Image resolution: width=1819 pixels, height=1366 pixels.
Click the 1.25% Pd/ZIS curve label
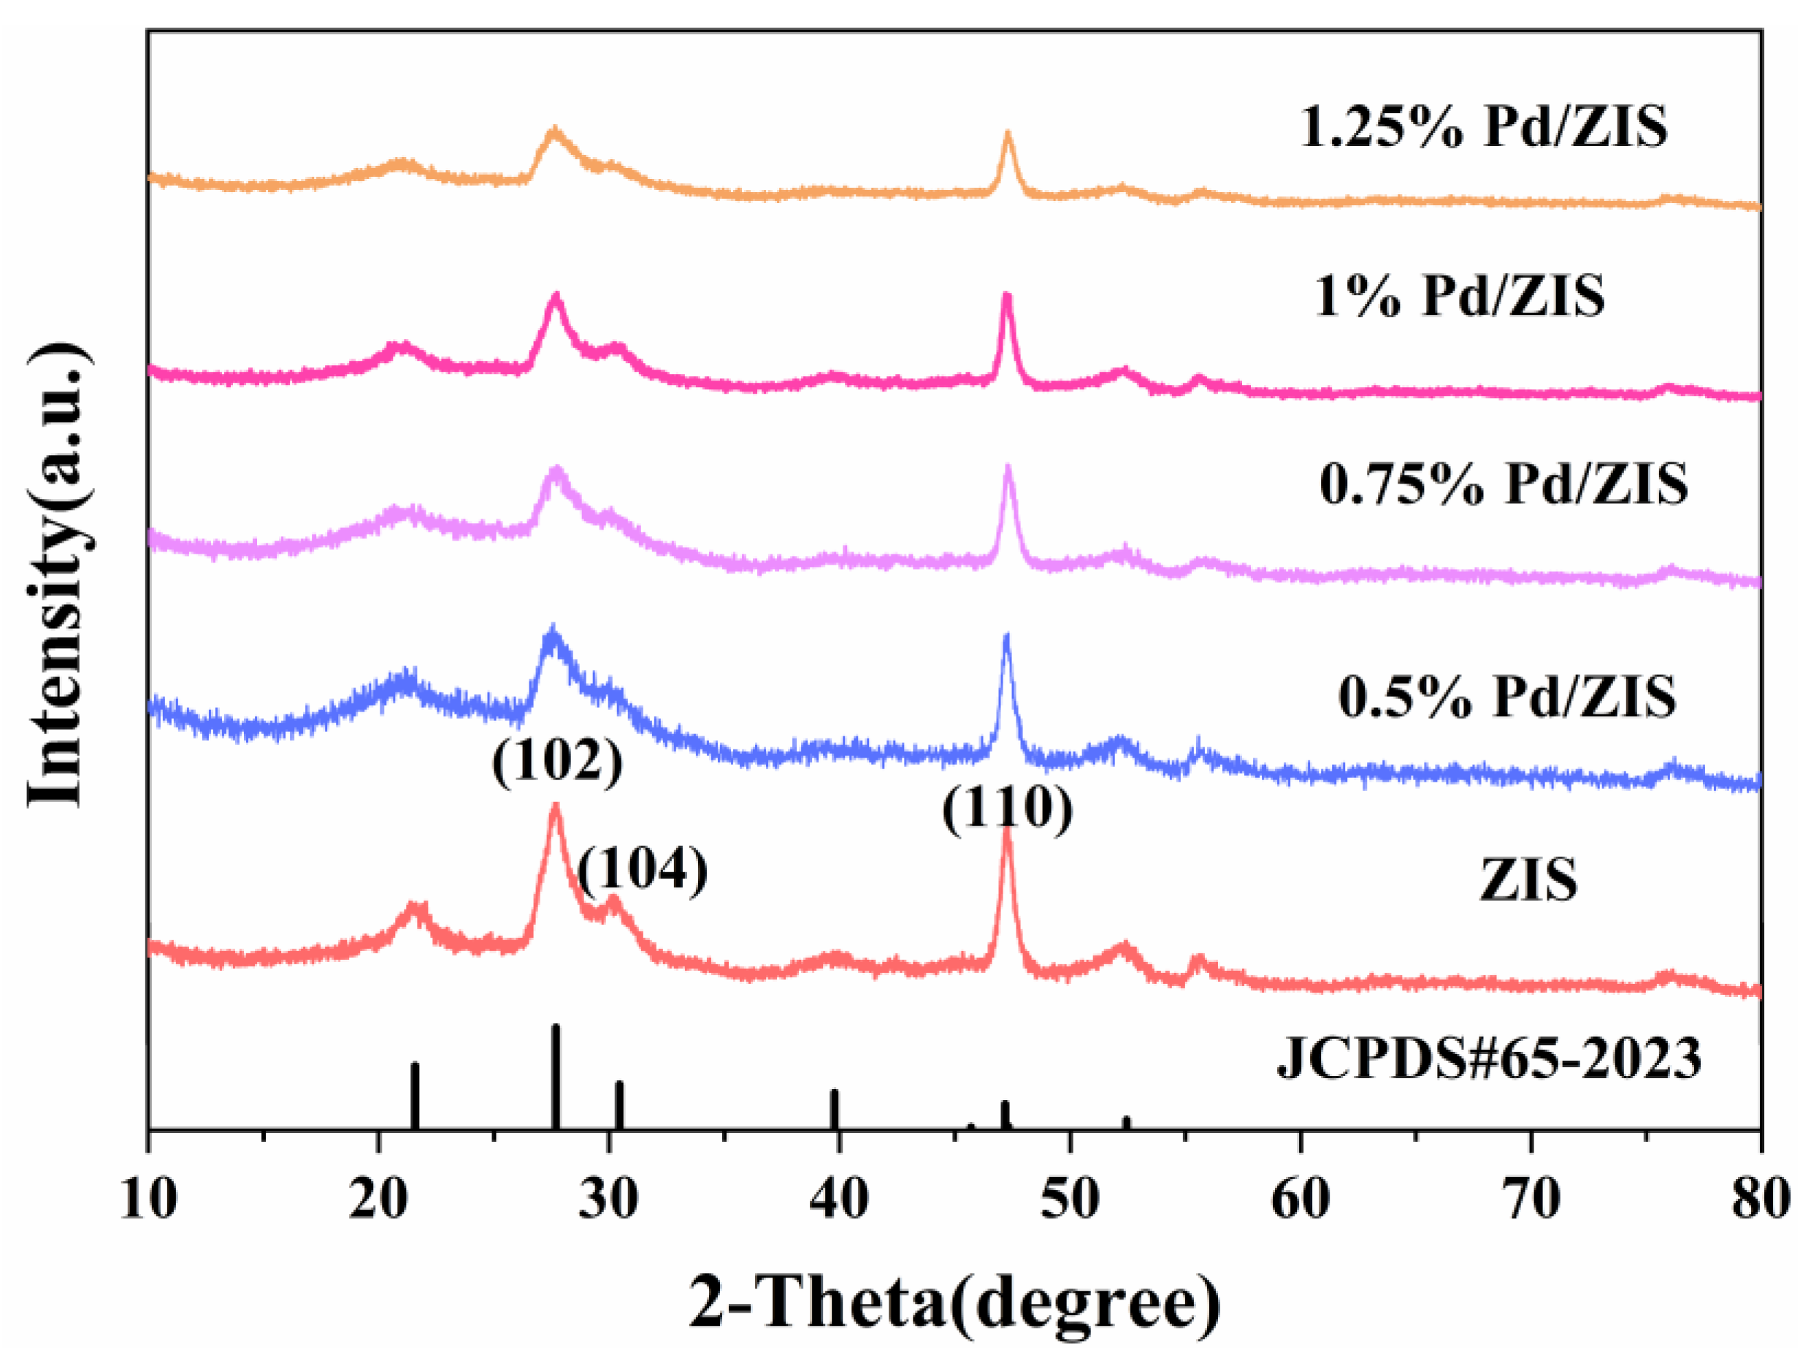1484,128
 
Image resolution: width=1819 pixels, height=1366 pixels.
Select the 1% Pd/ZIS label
1460,295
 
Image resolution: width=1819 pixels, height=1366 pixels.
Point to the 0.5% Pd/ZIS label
1506,698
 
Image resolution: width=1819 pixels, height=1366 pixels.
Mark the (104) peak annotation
643,869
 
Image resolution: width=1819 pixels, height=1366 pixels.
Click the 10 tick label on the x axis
149,1199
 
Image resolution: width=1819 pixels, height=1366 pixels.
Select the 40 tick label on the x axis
839,1199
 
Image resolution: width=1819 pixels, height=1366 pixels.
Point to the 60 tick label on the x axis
1300,1199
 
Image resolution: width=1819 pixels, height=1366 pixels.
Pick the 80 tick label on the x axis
1761,1199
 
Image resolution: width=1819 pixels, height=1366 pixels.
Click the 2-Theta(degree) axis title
954,1302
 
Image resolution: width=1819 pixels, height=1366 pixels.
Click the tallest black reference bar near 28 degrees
556,1077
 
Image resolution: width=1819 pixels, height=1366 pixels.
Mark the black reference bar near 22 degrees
416,1096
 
